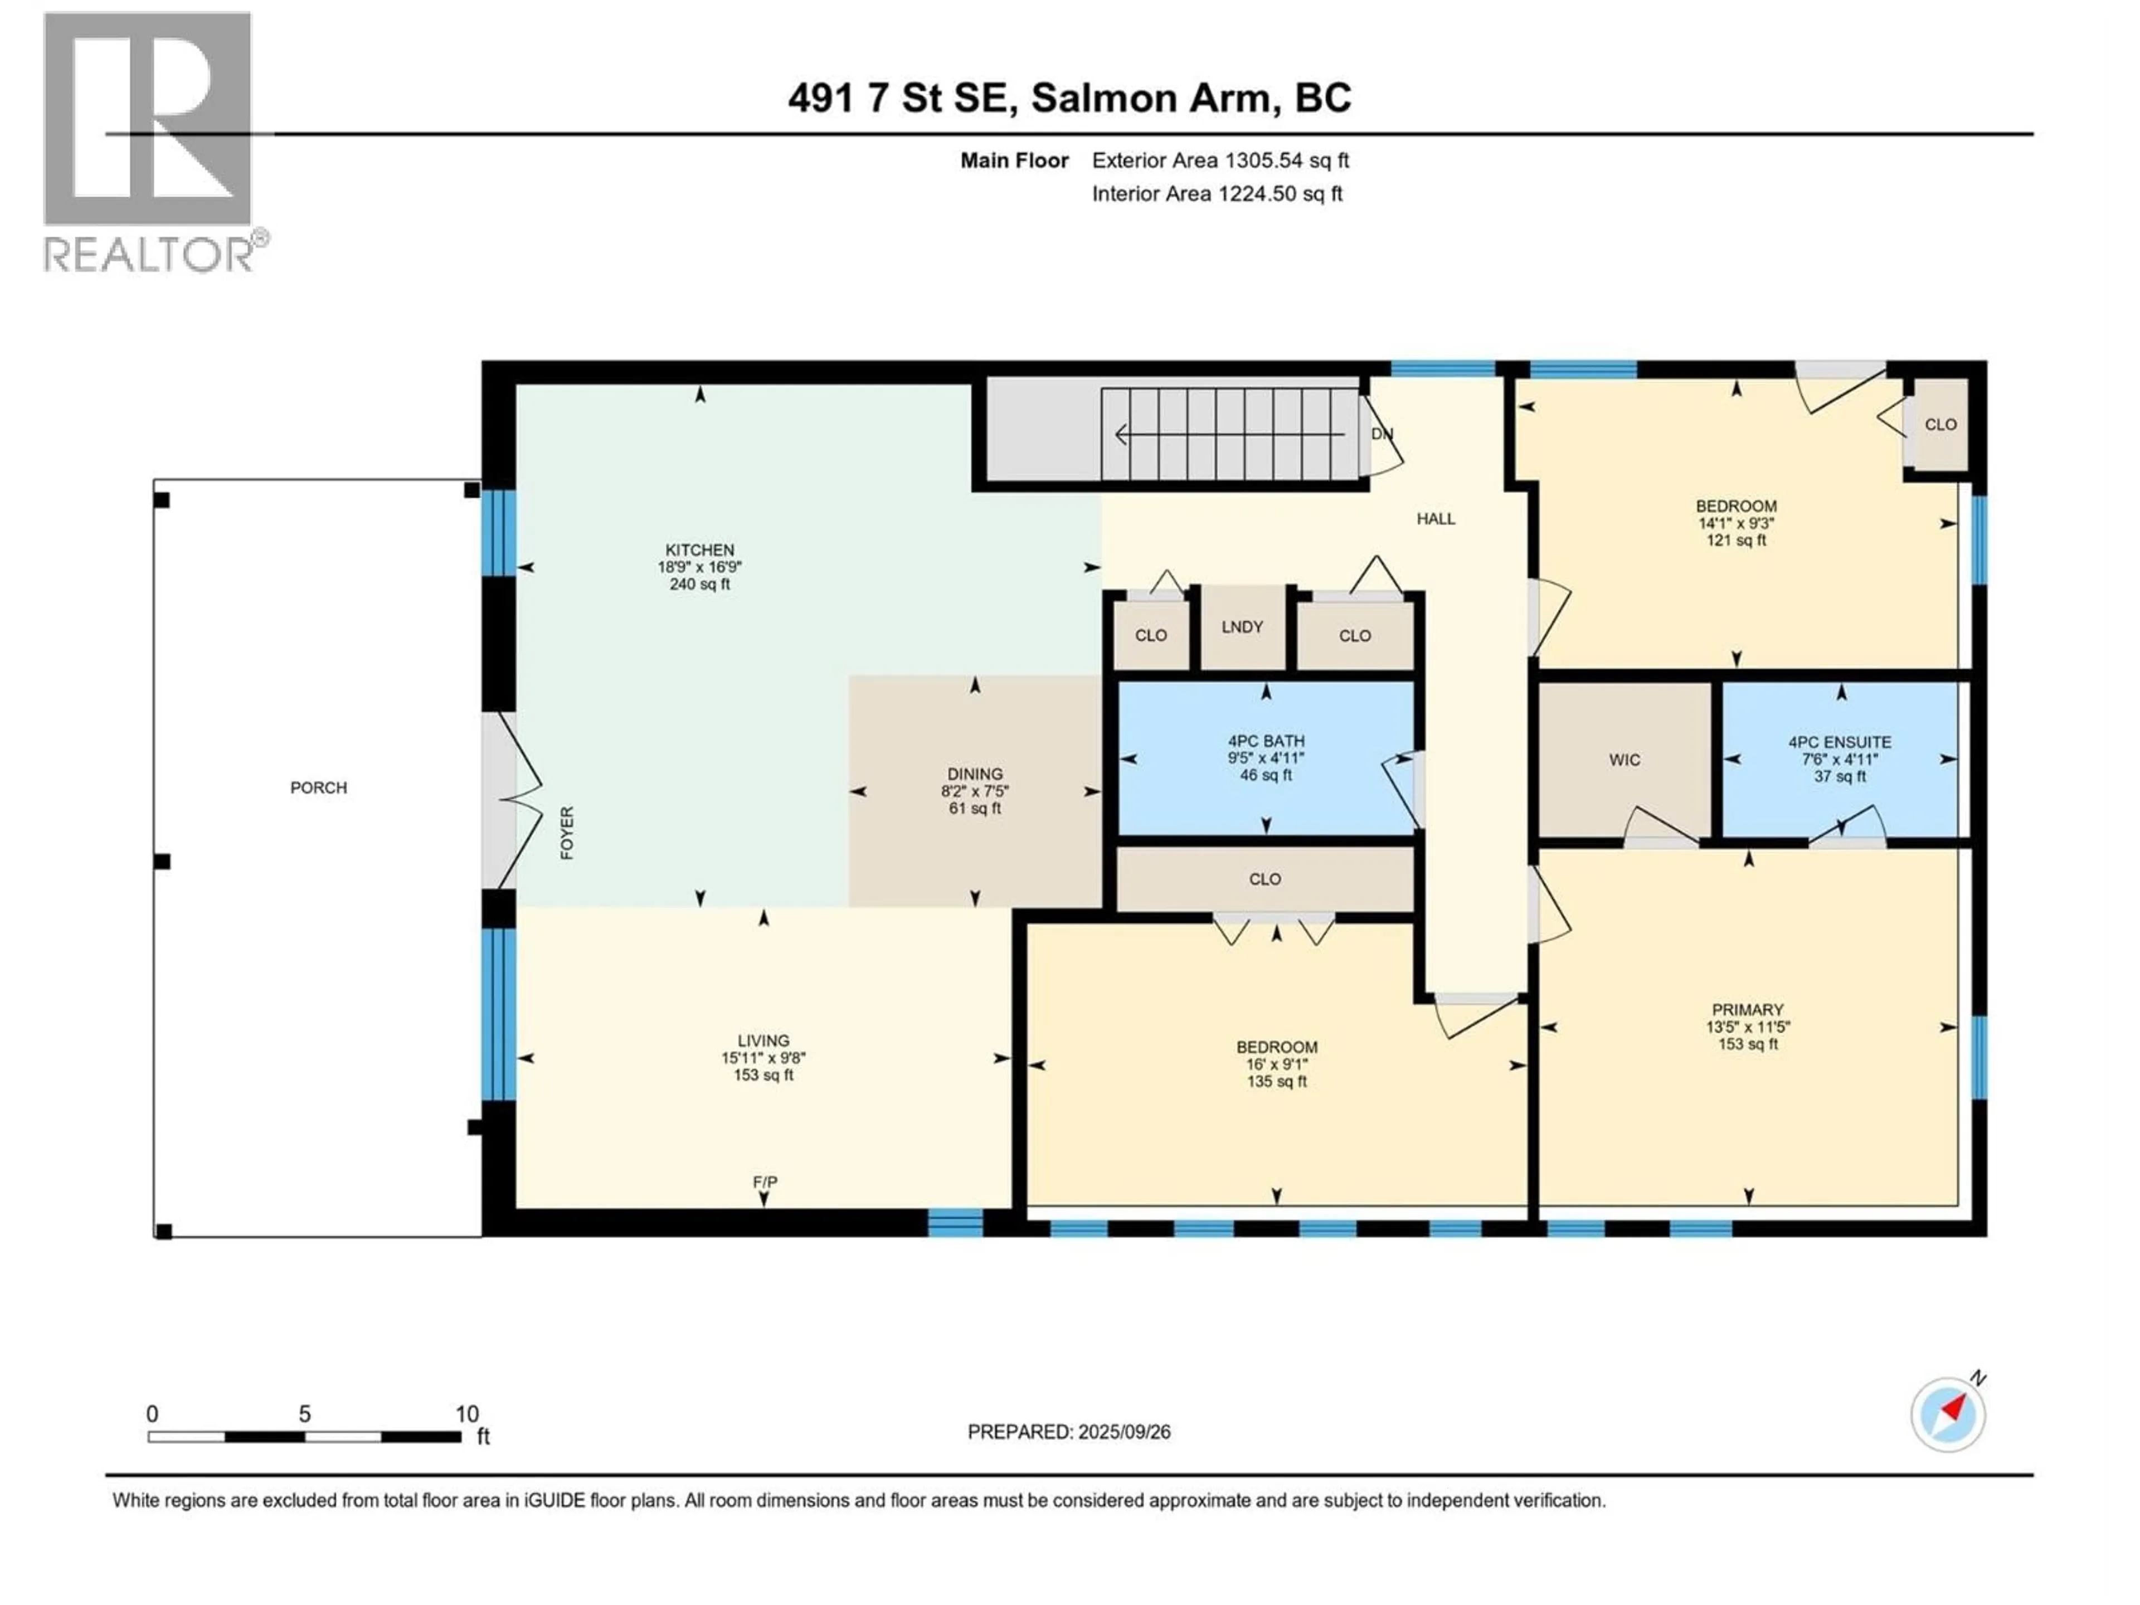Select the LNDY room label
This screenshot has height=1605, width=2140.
(x=1242, y=627)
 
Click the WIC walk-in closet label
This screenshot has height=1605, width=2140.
(x=1625, y=760)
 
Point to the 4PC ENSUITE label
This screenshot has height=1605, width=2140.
(x=1839, y=742)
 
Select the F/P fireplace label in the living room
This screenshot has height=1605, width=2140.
(x=764, y=1182)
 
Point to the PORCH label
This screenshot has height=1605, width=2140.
(x=318, y=787)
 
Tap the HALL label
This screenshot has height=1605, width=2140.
(x=1436, y=518)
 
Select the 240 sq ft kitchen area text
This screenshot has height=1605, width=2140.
(x=699, y=585)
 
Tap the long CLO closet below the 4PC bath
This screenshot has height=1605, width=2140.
(x=1264, y=878)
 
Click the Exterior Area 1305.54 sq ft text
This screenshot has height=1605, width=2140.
(x=1220, y=160)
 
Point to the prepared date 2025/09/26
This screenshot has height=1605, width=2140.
(x=1068, y=1432)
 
